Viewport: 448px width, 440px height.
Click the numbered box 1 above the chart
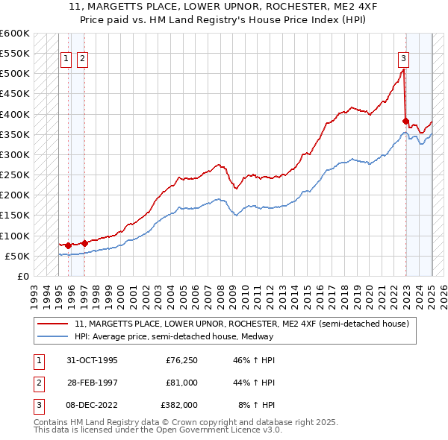[x=66, y=60]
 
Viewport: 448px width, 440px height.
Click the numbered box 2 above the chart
[x=81, y=60]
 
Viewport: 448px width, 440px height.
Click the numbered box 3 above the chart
[x=403, y=60]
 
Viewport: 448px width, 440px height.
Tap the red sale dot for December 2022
[x=405, y=121]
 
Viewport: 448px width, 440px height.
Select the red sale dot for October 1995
[x=68, y=245]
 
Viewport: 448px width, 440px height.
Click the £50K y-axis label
[x=17, y=256]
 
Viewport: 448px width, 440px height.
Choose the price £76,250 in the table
[x=181, y=361]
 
